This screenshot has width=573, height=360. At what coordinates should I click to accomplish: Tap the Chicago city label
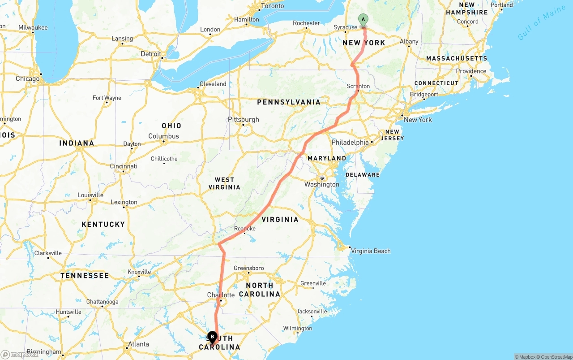[x=28, y=79]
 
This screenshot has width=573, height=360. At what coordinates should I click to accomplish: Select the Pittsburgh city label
[x=244, y=120]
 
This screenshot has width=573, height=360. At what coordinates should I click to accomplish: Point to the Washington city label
[x=322, y=184]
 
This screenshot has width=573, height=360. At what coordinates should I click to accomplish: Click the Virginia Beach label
[x=371, y=251]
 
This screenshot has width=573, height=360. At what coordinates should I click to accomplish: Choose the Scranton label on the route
[x=358, y=86]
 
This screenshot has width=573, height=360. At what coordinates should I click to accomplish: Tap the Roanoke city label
[x=245, y=229]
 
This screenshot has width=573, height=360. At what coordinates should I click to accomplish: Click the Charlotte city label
[x=221, y=295]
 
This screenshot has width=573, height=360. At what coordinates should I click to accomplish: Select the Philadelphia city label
[x=350, y=142]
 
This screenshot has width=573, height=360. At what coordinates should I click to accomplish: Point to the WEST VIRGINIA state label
[x=224, y=183]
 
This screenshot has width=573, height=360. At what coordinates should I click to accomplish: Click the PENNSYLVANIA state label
[x=289, y=102]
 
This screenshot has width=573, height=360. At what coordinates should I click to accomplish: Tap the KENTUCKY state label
[x=103, y=224]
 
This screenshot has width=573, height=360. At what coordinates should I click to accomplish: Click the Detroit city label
[x=151, y=54]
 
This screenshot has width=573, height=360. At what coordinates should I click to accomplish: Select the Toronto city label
[x=272, y=6]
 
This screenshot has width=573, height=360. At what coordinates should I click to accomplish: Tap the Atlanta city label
[x=138, y=344]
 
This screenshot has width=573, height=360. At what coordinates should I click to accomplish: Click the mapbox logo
[x=20, y=354]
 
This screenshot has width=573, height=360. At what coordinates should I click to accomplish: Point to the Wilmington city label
[x=298, y=329]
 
